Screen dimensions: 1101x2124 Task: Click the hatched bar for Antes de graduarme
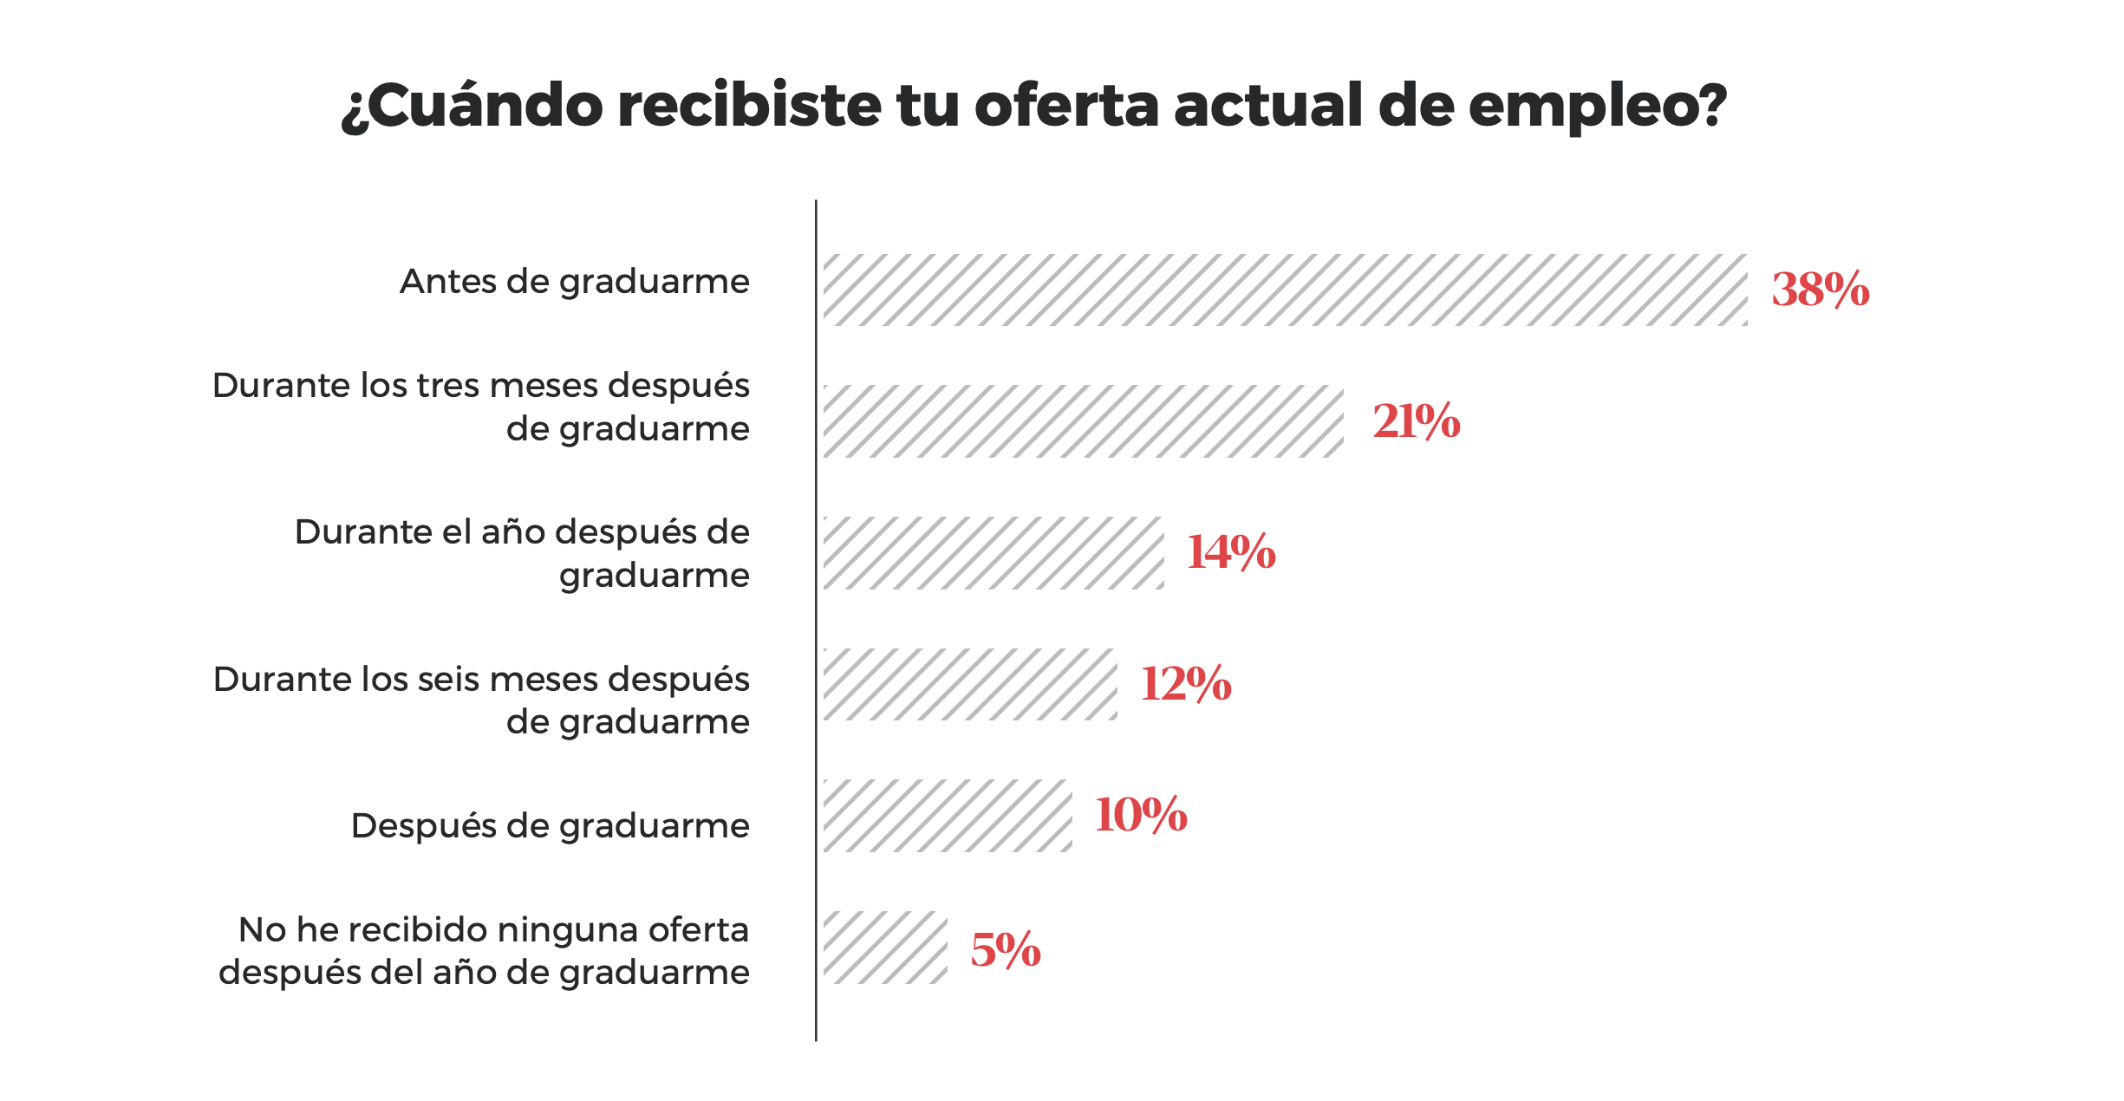coord(1285,290)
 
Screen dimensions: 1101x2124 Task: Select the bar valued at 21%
coord(1083,421)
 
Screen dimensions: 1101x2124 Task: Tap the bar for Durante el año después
coord(994,553)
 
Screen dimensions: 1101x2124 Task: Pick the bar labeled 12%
coord(970,684)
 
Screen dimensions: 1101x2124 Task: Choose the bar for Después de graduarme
coord(948,816)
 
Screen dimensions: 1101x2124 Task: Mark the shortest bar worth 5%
coord(885,948)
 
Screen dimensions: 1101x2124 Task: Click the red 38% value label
coord(1820,290)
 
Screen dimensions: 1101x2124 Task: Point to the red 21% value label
coord(1417,421)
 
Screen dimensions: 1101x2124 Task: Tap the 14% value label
coord(1231,552)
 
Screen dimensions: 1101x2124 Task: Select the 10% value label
coord(1141,815)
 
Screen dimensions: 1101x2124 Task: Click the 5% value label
coord(1006,949)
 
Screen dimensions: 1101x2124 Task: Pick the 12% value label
coord(1186,684)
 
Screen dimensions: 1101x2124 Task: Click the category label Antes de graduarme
coord(574,283)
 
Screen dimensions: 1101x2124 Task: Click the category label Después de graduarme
coord(550,826)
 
